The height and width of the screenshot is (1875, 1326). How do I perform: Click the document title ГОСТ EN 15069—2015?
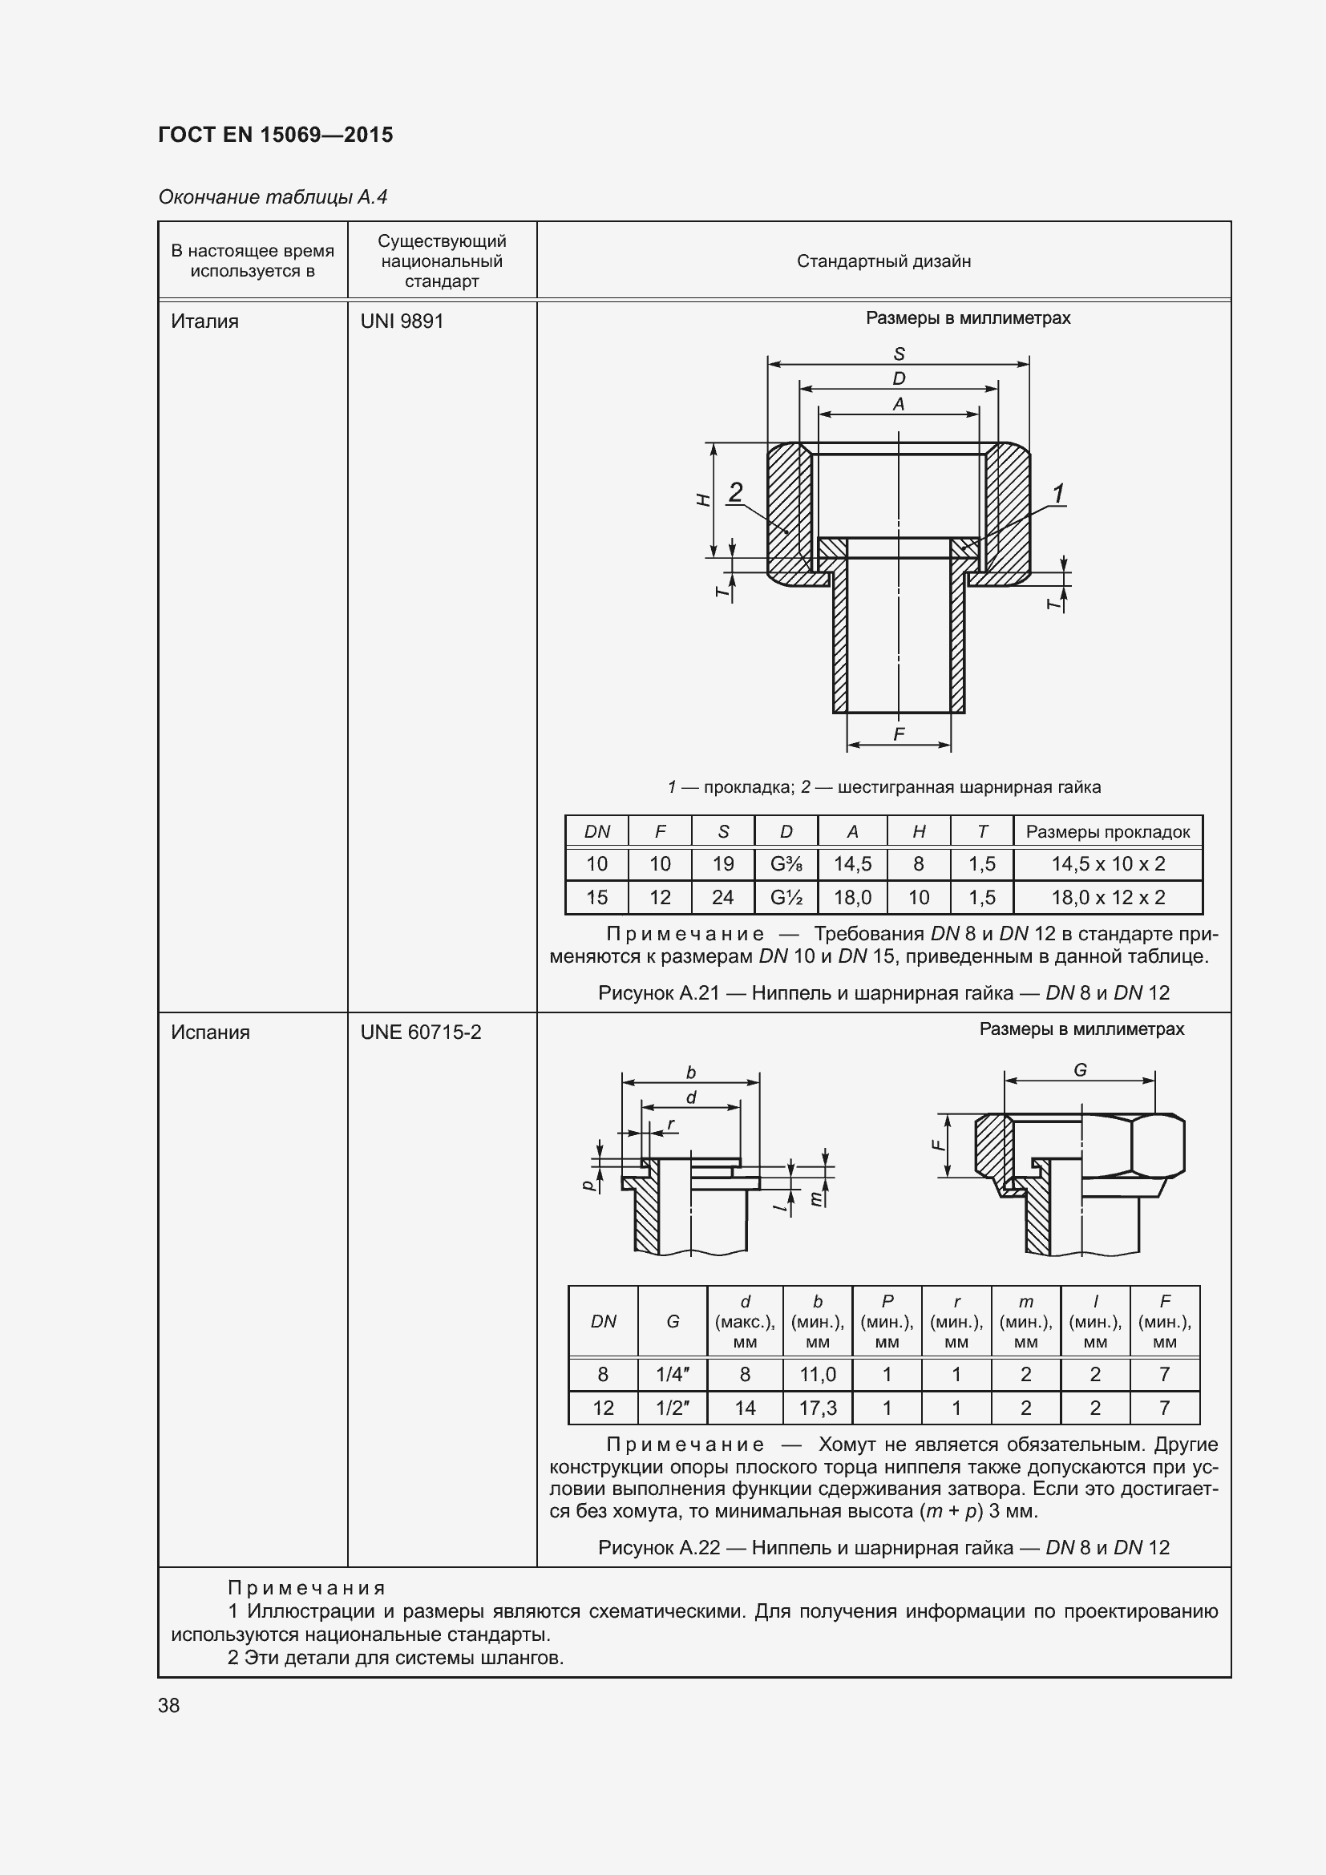tap(275, 135)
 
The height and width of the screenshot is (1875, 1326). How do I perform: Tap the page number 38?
tap(169, 1705)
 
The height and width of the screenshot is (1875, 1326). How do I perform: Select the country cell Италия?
tap(205, 321)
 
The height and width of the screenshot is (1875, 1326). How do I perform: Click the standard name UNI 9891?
tap(402, 321)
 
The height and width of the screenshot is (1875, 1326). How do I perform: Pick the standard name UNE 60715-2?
tap(421, 1032)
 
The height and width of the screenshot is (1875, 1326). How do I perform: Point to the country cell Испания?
tap(211, 1032)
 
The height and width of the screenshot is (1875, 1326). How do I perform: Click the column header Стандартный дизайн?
tap(883, 261)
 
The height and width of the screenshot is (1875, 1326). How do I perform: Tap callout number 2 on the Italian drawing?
tap(736, 491)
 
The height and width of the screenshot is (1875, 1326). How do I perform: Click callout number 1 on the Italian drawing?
tap(1058, 493)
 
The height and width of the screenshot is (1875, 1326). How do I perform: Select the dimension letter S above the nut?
tap(899, 354)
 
